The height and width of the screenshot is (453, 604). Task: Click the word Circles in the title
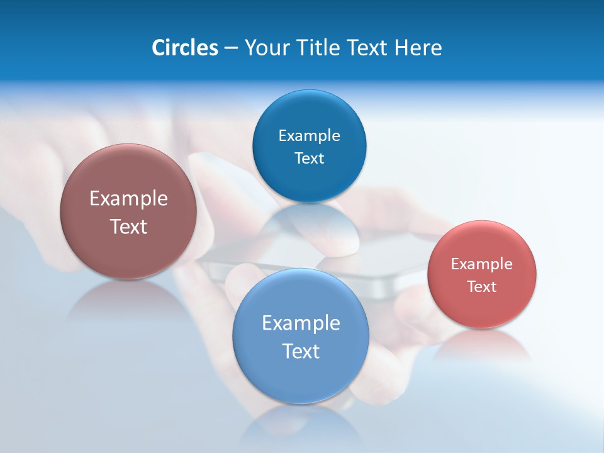point(184,48)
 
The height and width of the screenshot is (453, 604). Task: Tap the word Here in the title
point(419,48)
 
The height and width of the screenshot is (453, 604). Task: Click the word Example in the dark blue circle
point(309,136)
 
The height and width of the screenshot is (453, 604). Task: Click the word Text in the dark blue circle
point(309,158)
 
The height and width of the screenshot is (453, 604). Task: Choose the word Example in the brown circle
point(128,199)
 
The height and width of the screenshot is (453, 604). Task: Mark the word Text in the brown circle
point(128,226)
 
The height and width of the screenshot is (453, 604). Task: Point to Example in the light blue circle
point(301,323)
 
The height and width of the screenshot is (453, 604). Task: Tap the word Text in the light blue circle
point(301,351)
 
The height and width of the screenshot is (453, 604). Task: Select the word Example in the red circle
point(482,264)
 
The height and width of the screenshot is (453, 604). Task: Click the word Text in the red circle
point(482,287)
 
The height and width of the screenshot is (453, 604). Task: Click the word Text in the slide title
point(367,48)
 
